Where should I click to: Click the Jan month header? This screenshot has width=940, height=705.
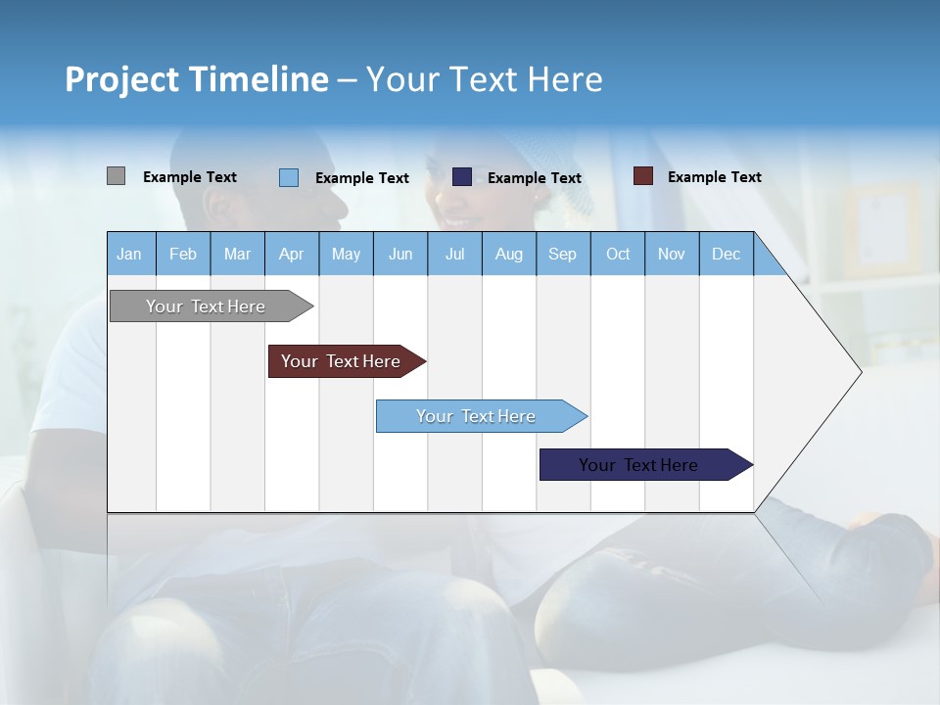[130, 254]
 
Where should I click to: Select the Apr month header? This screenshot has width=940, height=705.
[292, 254]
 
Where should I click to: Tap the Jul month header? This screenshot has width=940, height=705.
[454, 254]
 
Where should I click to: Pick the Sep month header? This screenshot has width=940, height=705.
[562, 254]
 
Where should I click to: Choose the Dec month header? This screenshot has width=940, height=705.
[726, 254]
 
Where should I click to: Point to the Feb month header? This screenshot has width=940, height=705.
[183, 254]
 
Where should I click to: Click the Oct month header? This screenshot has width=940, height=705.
[618, 254]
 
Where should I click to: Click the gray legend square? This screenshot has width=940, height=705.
[116, 176]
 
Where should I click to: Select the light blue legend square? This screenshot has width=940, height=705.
[289, 177]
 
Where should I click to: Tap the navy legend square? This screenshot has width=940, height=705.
[462, 176]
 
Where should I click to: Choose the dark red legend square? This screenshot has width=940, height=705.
[643, 176]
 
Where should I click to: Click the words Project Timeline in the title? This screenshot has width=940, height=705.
[197, 79]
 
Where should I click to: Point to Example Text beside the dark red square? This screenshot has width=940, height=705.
[714, 177]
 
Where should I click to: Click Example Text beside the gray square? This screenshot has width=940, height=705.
[190, 177]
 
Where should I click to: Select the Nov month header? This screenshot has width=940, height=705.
[672, 254]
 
